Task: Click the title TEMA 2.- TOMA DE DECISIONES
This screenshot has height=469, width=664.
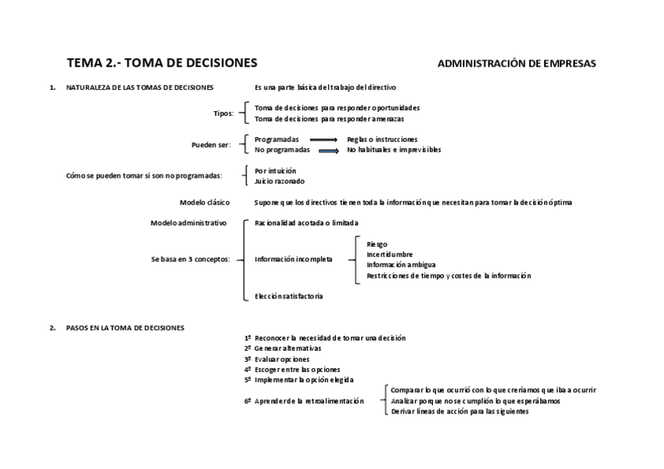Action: click(161, 63)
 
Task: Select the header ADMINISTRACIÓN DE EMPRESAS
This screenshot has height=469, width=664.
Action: click(516, 63)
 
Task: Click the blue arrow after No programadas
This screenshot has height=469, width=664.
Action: click(328, 150)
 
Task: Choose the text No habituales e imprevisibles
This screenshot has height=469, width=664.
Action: click(394, 150)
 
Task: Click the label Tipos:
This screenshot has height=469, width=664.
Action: click(223, 114)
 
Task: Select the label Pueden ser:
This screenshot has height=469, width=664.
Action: click(211, 145)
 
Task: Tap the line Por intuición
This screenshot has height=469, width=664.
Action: click(275, 171)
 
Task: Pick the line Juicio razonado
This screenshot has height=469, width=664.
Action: click(280, 181)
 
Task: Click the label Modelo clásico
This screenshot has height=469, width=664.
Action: click(204, 202)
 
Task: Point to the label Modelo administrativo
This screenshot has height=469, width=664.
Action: click(188, 223)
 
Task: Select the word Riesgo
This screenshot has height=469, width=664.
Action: click(377, 244)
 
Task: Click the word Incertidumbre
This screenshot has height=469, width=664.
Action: click(389, 254)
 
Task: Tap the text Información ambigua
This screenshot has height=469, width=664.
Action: click(400, 265)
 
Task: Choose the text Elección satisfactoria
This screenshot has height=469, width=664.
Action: click(288, 296)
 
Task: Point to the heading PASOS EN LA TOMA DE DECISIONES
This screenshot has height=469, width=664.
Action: click(125, 328)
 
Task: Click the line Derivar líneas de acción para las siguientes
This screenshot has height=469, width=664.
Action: click(460, 411)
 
